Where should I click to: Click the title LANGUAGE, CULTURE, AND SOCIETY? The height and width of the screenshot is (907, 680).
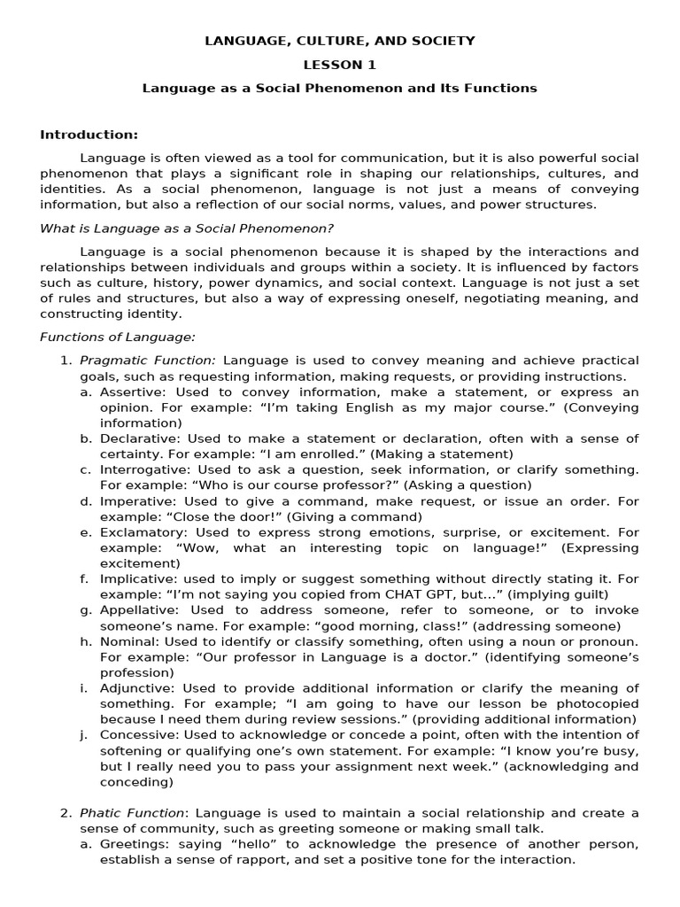pyautogui.click(x=340, y=41)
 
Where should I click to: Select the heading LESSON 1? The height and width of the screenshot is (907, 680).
pyautogui.click(x=340, y=65)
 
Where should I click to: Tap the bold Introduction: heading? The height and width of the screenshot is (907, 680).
pyautogui.click(x=89, y=135)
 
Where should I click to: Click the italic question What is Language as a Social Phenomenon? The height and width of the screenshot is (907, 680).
pyautogui.click(x=187, y=229)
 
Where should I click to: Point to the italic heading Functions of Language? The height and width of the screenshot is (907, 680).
pyautogui.click(x=118, y=337)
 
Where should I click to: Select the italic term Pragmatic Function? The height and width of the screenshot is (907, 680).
pyautogui.click(x=148, y=360)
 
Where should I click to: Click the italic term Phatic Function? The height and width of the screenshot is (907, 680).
pyautogui.click(x=134, y=813)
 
